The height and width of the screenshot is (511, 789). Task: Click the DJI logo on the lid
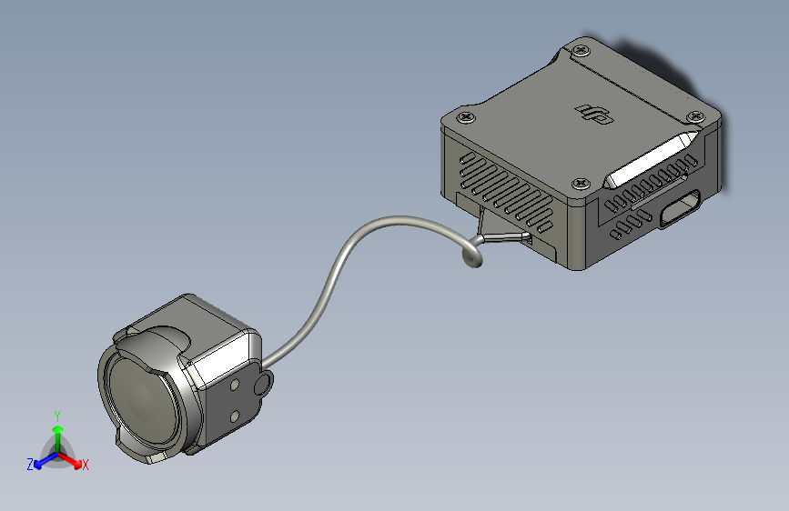click(x=594, y=113)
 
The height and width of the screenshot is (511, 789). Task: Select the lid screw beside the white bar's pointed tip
click(x=696, y=117)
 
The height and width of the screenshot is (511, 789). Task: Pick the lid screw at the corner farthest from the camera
click(x=582, y=50)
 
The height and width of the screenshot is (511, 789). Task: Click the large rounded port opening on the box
click(x=680, y=208)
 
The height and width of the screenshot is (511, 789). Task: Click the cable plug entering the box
click(x=507, y=237)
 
